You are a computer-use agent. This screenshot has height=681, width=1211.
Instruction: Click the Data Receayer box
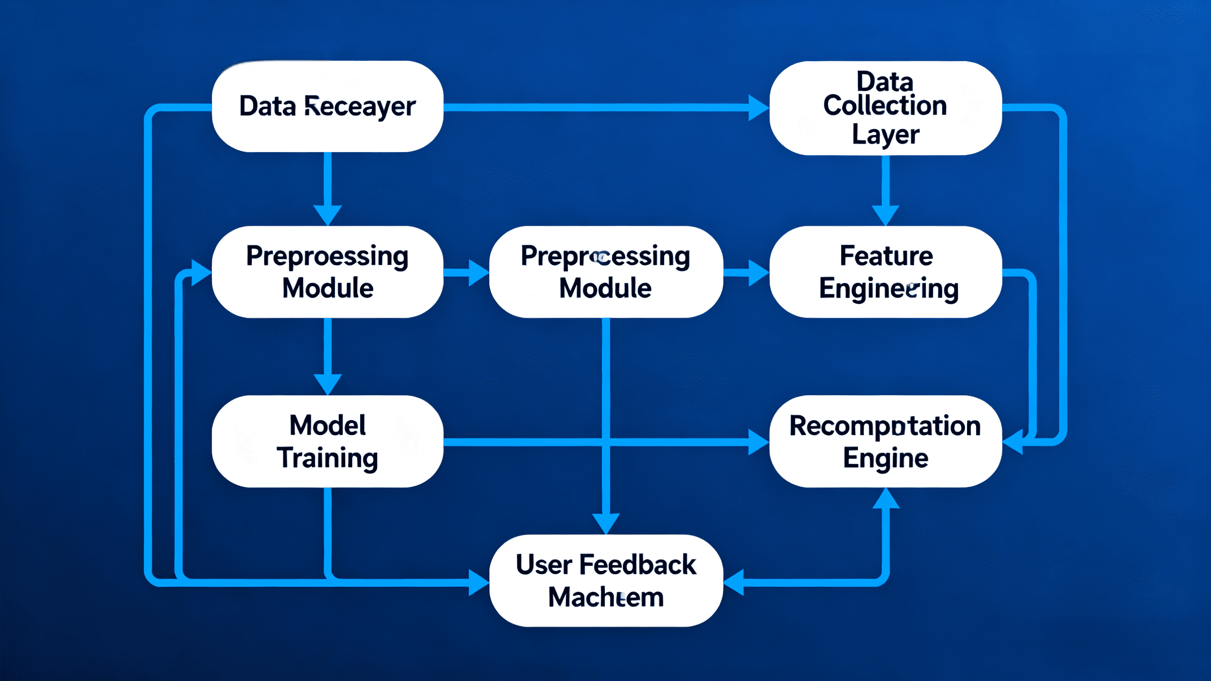pyautogui.click(x=328, y=106)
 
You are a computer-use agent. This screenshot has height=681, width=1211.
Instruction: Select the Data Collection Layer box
pyautogui.click(x=885, y=108)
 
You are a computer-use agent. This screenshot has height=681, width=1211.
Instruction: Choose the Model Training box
pyautogui.click(x=328, y=441)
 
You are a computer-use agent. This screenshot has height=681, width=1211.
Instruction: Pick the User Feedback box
pyautogui.click(x=606, y=580)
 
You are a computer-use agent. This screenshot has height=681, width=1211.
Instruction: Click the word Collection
pyautogui.click(x=885, y=105)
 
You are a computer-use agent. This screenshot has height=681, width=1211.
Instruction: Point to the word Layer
pyautogui.click(x=886, y=135)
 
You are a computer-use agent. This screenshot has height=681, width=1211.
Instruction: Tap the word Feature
pyautogui.click(x=886, y=256)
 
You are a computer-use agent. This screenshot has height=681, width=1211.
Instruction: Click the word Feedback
pyautogui.click(x=637, y=564)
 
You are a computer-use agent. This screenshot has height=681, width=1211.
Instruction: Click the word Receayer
pyautogui.click(x=360, y=106)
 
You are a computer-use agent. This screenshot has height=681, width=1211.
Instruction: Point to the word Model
pyautogui.click(x=328, y=425)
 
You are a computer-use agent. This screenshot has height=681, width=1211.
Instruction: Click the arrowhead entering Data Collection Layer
pyautogui.click(x=758, y=108)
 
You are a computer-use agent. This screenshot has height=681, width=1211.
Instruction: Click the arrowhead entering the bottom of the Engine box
pyautogui.click(x=886, y=499)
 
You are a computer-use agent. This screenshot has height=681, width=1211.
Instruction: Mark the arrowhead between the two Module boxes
pyautogui.click(x=479, y=273)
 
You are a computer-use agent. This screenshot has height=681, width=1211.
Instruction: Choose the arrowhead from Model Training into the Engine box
pyautogui.click(x=758, y=442)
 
